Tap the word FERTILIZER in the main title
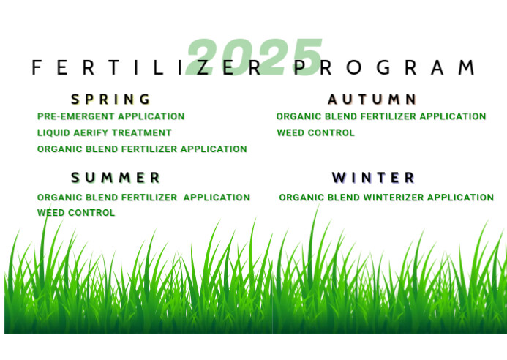pos(146,68)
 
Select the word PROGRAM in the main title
pos(385,68)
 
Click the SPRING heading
pos(111,99)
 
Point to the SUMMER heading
pos(116,177)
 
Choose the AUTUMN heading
pos(372,99)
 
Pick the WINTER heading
pos(373,177)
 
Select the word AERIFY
pos(91,132)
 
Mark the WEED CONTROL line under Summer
pos(76,213)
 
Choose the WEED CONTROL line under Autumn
pos(315,133)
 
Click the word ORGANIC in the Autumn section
pos(297,116)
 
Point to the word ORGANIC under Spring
pos(58,149)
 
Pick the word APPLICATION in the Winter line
pos(460,198)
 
